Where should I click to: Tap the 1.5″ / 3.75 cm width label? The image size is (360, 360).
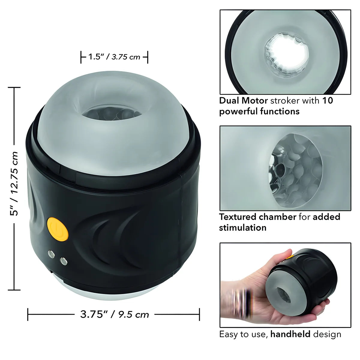(114, 57)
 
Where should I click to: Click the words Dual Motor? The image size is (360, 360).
(243, 100)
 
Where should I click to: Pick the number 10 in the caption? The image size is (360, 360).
(328, 100)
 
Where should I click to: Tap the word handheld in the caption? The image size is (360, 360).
(290, 334)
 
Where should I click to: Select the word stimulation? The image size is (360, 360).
(242, 228)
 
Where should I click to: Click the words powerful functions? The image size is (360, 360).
(259, 112)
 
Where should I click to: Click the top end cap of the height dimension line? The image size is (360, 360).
(14, 87)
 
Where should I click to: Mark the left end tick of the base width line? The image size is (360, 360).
(28, 314)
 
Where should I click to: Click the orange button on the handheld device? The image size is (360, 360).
(289, 256)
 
